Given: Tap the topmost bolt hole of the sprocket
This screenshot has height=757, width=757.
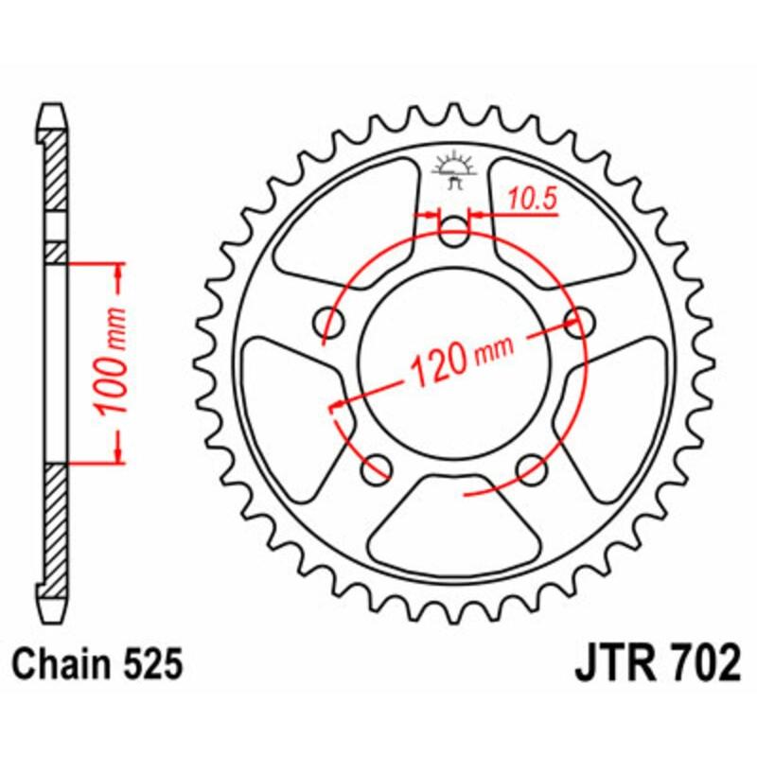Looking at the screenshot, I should coord(456,232).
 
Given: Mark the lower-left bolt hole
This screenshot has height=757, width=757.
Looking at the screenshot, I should coord(378,466).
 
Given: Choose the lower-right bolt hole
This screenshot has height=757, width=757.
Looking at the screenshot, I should coord(532,466).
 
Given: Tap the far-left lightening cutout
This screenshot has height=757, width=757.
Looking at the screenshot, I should coord(284,397).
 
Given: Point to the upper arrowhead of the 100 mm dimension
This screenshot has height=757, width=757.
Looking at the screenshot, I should coord(118,274).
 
